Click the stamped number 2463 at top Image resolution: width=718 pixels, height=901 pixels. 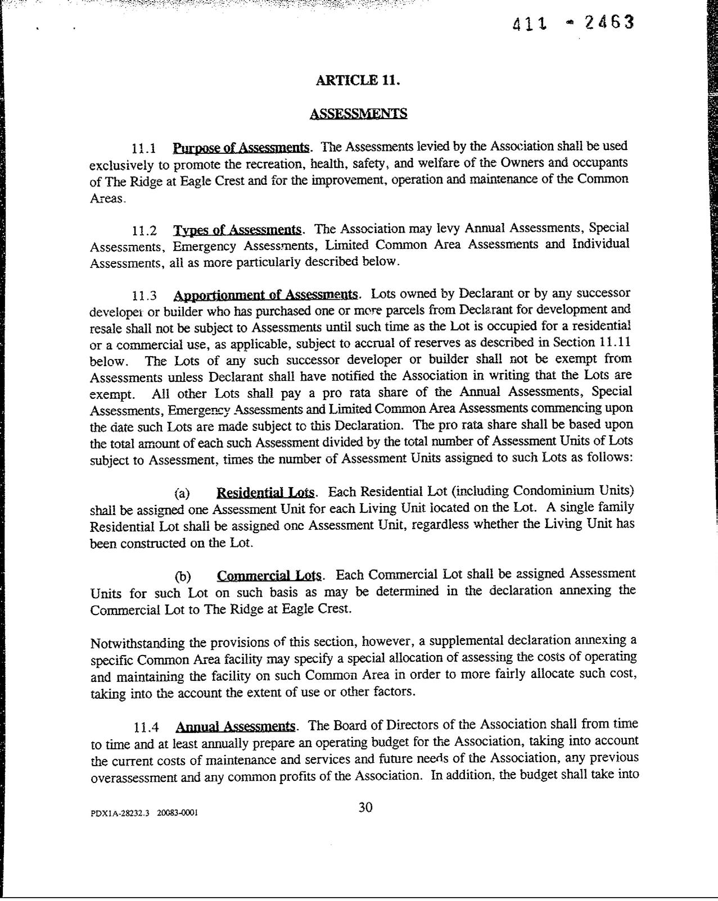tap(609, 23)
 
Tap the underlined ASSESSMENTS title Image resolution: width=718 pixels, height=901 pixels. tap(358, 113)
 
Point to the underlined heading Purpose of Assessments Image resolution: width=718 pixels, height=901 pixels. tap(241, 148)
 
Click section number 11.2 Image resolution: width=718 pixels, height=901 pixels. tap(144, 231)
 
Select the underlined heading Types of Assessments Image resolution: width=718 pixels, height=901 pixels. tap(237, 229)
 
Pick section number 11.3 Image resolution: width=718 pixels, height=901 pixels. tap(144, 296)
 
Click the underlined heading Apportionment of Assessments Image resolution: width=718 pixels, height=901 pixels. tap(265, 295)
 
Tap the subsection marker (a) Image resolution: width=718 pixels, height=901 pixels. tap(182, 494)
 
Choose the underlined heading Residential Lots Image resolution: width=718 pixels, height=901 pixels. tap(265, 493)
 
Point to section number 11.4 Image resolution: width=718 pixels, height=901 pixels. tap(147, 727)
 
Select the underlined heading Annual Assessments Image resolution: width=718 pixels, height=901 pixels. tap(235, 726)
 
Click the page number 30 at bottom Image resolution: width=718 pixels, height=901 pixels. tap(365, 808)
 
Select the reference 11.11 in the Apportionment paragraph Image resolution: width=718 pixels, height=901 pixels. tap(613, 342)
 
